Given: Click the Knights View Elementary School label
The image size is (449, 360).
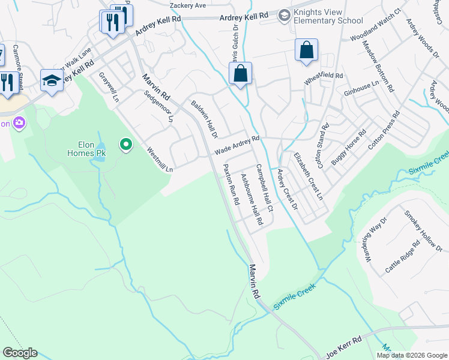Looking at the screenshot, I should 326,16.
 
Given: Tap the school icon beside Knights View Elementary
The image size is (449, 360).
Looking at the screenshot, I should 285,14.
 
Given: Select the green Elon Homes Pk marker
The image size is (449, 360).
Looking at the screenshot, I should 125,144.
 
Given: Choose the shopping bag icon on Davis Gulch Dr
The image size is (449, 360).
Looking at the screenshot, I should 240,74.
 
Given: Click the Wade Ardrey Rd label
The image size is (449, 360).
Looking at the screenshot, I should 237,145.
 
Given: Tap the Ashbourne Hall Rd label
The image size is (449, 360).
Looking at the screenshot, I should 252,199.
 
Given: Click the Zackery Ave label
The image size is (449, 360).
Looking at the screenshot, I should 188,5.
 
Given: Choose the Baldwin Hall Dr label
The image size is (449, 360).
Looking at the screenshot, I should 204,118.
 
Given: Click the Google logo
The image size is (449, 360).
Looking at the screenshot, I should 20,353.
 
